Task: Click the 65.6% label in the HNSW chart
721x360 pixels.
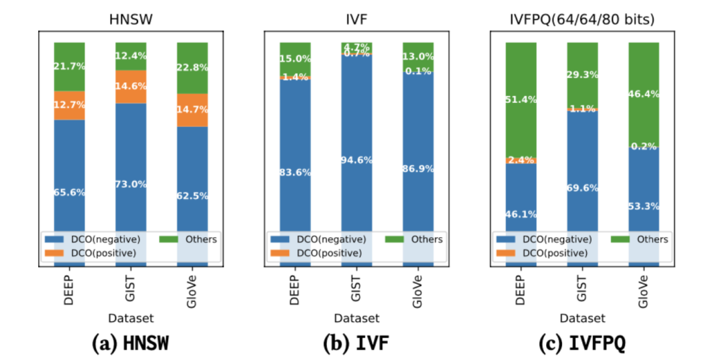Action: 69,192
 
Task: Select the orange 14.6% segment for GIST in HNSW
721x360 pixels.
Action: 131,86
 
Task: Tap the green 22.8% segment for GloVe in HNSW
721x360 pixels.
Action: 192,67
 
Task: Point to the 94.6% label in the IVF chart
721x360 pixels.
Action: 356,160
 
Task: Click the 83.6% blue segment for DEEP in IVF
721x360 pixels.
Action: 295,171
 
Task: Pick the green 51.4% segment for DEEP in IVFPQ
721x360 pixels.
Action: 521,100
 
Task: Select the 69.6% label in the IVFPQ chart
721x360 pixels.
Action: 582,188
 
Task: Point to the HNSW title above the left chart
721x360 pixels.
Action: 131,21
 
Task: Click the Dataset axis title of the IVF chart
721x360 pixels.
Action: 356,319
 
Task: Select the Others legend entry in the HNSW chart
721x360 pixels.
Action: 194,239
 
